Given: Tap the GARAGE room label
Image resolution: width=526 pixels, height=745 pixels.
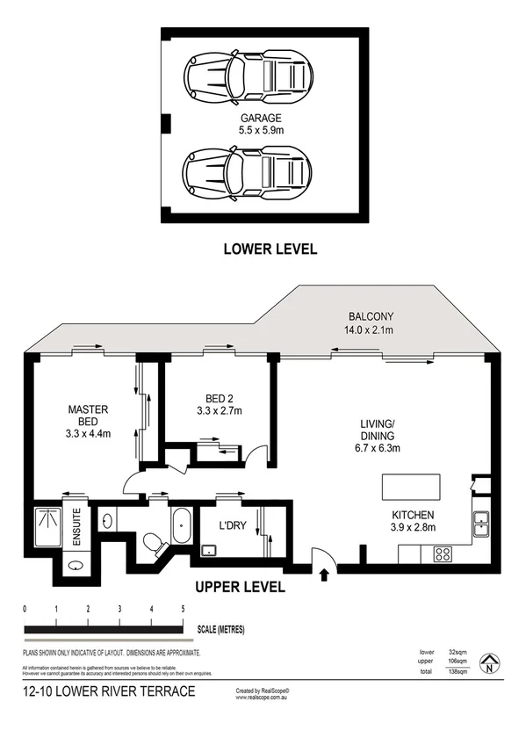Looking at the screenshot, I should pyautogui.click(x=262, y=117).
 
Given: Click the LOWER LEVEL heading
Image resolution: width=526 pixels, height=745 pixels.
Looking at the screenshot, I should pyautogui.click(x=270, y=250).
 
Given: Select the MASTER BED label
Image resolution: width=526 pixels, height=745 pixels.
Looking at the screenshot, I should pyautogui.click(x=88, y=415).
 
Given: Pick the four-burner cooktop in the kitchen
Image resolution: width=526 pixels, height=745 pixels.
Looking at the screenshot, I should pyautogui.click(x=443, y=553).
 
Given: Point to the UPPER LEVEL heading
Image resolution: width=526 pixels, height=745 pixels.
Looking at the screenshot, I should pyautogui.click(x=240, y=587).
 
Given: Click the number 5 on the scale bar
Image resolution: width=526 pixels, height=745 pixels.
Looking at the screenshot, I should pyautogui.click(x=183, y=609).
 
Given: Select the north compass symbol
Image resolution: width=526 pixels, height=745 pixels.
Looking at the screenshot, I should pyautogui.click(x=491, y=665).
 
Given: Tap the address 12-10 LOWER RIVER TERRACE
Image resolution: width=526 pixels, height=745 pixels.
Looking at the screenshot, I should pyautogui.click(x=110, y=692).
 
